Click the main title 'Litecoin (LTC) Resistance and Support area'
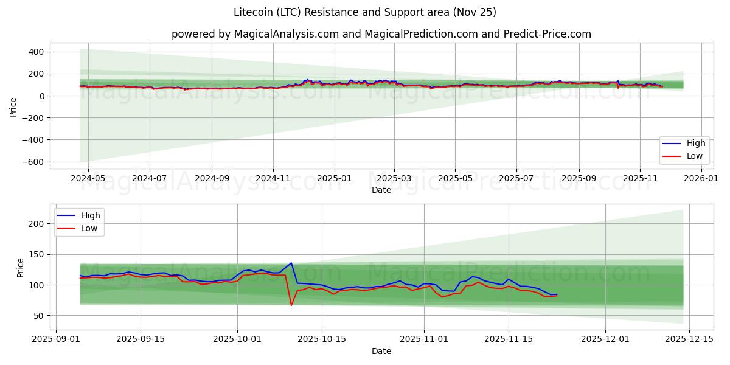point(364,12)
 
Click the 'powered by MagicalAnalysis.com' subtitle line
point(381,34)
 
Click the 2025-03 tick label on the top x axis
point(394,179)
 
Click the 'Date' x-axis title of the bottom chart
point(381,351)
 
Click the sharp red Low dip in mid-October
point(291,305)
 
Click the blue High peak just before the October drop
point(291,263)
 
